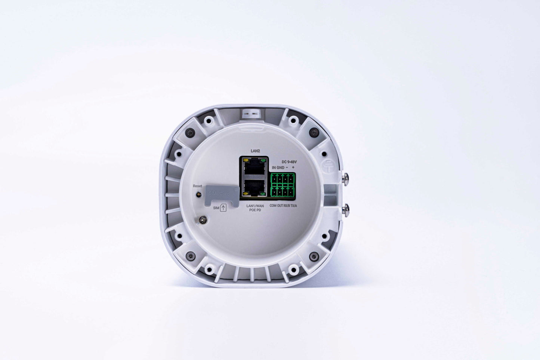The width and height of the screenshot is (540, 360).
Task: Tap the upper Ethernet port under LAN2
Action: [254, 167]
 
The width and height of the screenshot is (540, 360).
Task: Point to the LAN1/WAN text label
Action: [255, 206]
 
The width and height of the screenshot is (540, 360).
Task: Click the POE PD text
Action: [255, 210]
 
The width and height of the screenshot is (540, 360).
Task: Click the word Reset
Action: [197, 186]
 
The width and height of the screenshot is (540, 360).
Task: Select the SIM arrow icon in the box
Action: [223, 208]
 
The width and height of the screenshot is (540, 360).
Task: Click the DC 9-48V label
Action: [288, 161]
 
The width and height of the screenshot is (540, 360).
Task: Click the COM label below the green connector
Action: [273, 206]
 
